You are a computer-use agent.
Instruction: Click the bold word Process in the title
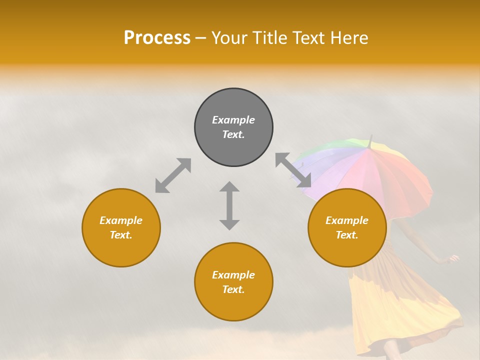point(157,37)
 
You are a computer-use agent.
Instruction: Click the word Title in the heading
point(269,37)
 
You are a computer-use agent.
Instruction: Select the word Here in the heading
point(349,37)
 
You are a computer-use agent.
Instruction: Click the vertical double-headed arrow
point(229,205)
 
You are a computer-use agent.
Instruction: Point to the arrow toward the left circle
point(173,175)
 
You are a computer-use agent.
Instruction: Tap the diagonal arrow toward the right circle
point(293,170)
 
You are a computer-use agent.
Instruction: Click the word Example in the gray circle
point(233,120)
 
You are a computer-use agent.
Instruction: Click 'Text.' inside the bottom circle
point(233,289)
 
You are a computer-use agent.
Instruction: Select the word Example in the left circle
point(121,220)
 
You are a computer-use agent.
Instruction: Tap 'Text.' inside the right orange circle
point(347,235)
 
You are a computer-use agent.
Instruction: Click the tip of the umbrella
point(371,136)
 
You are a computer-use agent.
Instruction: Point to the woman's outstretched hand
point(454,259)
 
